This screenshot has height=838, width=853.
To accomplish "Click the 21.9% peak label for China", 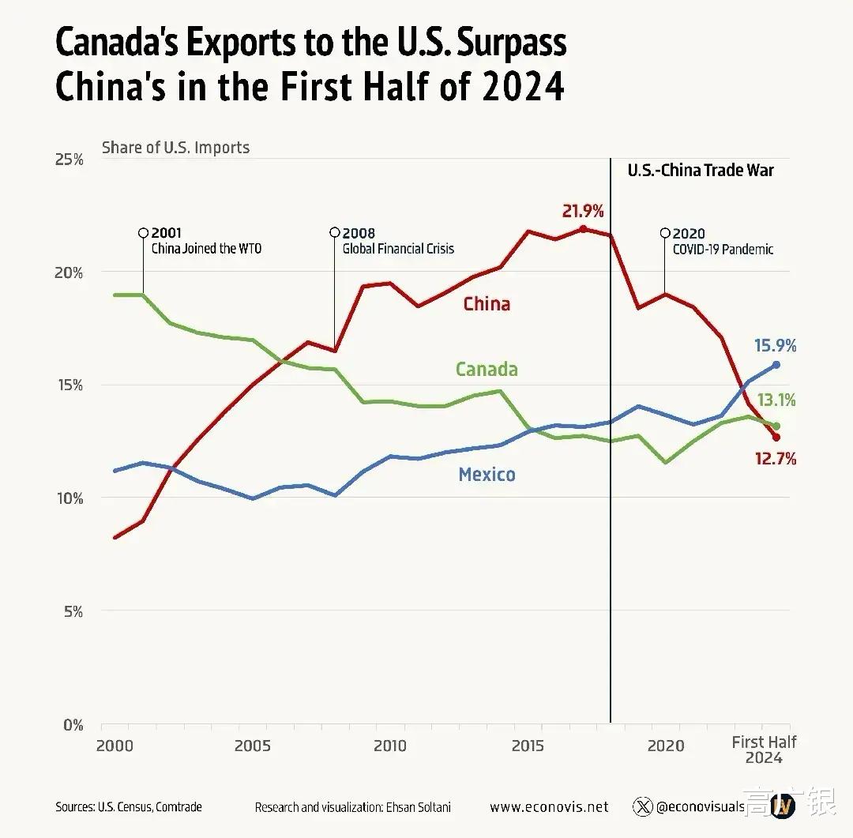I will click(x=583, y=211).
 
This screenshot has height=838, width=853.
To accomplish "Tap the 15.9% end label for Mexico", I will click(x=775, y=345).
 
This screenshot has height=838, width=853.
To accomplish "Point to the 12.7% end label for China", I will click(x=775, y=458).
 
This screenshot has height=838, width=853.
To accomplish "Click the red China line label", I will click(x=487, y=304).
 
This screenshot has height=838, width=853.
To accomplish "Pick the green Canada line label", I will click(x=487, y=369).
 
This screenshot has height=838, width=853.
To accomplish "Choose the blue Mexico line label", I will click(x=487, y=475).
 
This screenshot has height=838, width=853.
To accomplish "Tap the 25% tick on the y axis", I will click(x=68, y=160).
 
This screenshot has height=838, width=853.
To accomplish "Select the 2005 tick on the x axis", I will click(x=253, y=746).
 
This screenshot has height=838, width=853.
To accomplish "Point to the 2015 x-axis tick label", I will click(x=528, y=746).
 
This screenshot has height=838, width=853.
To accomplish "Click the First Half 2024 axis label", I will click(x=764, y=750).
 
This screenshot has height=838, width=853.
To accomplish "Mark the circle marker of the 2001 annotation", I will click(x=143, y=233).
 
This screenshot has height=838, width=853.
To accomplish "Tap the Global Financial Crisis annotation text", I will click(x=398, y=249).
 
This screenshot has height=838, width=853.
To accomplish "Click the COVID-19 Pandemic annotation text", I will click(x=723, y=249).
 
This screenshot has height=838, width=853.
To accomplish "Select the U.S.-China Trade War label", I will click(x=701, y=170).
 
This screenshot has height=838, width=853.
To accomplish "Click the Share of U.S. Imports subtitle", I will click(x=175, y=147).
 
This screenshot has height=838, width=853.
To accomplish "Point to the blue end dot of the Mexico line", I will click(x=776, y=365).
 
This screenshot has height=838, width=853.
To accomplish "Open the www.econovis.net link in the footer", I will click(x=549, y=806).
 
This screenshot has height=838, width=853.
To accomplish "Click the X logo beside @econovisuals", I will click(x=643, y=806).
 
